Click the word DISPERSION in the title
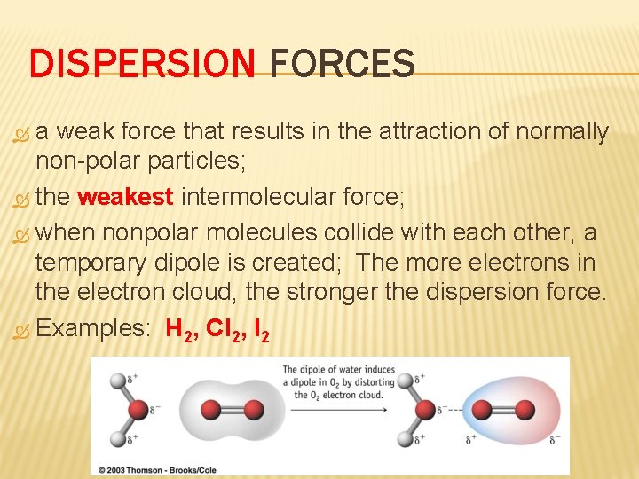click(142, 65)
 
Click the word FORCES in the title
click(342, 65)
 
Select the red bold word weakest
click(125, 196)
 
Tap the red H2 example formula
click(180, 329)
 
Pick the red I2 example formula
click(261, 329)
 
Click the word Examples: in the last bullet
click(94, 328)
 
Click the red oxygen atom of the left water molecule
click(138, 410)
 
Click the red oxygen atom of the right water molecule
click(428, 410)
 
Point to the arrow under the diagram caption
click(336, 410)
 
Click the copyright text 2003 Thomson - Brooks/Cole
click(162, 468)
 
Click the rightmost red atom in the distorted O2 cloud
click(525, 410)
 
